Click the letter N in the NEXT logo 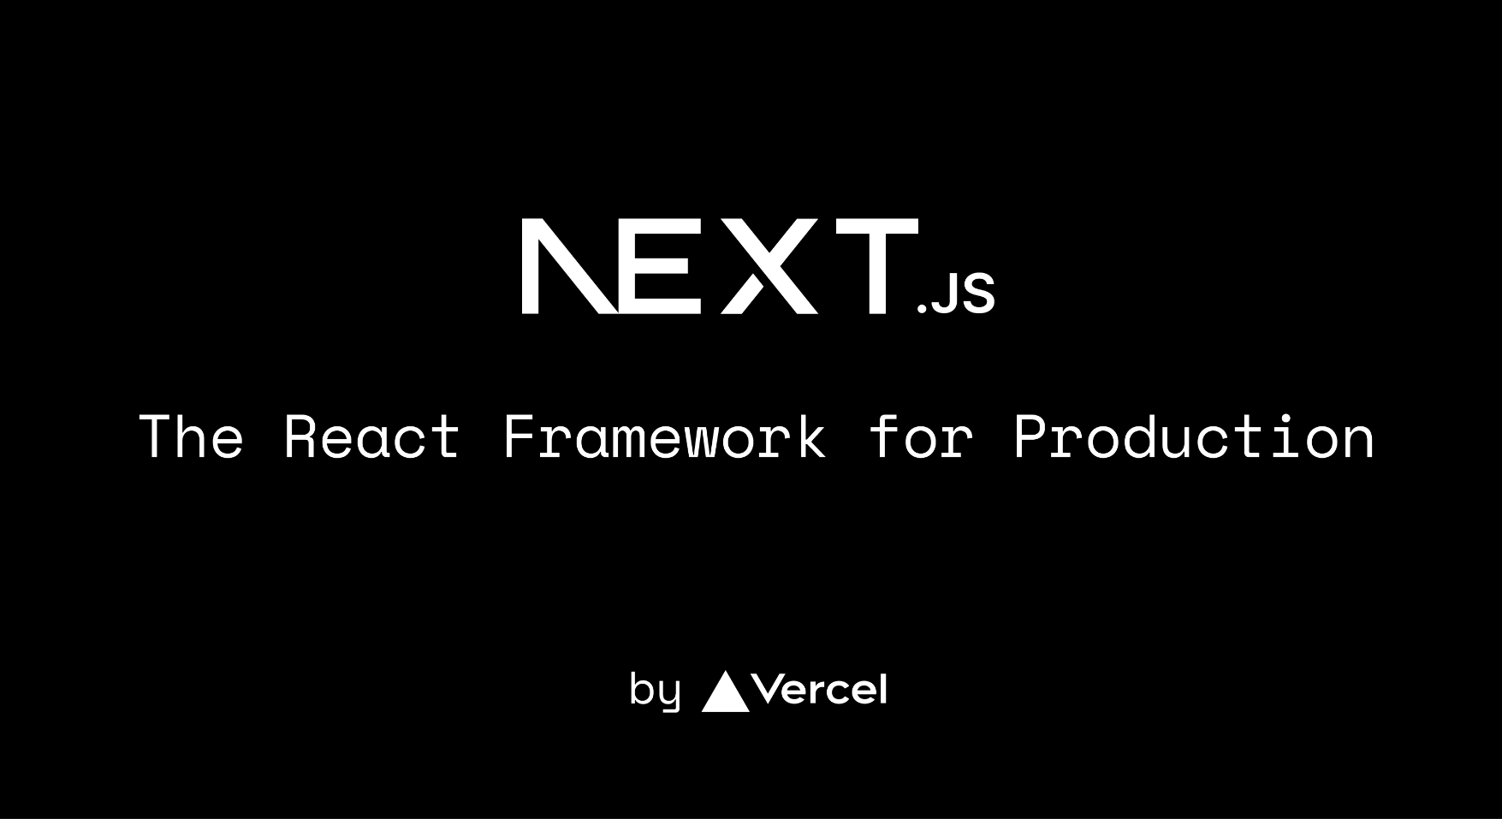point(568,266)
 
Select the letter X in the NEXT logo point(769,266)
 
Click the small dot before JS point(923,308)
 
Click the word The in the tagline point(192,436)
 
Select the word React point(372,436)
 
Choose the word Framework point(665,436)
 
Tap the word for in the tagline point(921,436)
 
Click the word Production point(1195,436)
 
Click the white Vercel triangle point(726,693)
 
